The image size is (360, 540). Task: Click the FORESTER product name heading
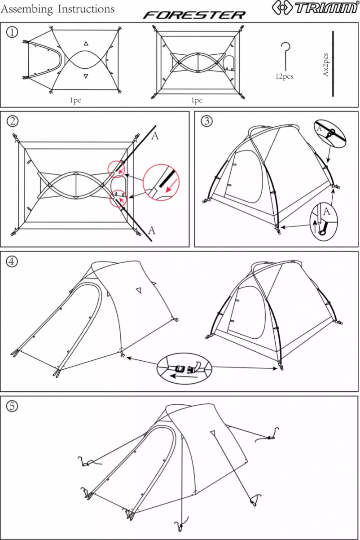194,15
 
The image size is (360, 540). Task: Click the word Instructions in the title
86,9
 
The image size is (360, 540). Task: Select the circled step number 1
12,32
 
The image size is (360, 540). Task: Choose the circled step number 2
13,121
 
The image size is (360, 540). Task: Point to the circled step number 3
206,121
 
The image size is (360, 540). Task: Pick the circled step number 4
12,261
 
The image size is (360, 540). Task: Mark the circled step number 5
12,406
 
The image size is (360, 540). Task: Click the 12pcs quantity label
285,76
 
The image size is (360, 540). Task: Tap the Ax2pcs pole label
325,65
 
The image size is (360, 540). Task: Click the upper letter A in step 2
155,136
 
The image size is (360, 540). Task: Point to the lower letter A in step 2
151,230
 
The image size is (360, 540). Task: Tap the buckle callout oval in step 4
184,368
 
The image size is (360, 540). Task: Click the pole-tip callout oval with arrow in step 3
324,221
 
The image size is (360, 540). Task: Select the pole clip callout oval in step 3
329,133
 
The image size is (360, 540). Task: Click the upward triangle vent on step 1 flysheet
86,44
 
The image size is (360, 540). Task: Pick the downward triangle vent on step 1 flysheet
86,76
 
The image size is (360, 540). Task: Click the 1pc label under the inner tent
197,100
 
